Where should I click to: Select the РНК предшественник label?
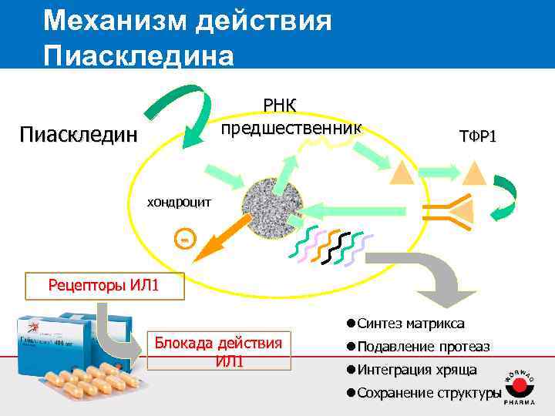291,116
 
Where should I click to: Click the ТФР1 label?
478,136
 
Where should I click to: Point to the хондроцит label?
179,202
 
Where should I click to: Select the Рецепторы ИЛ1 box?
104,286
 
